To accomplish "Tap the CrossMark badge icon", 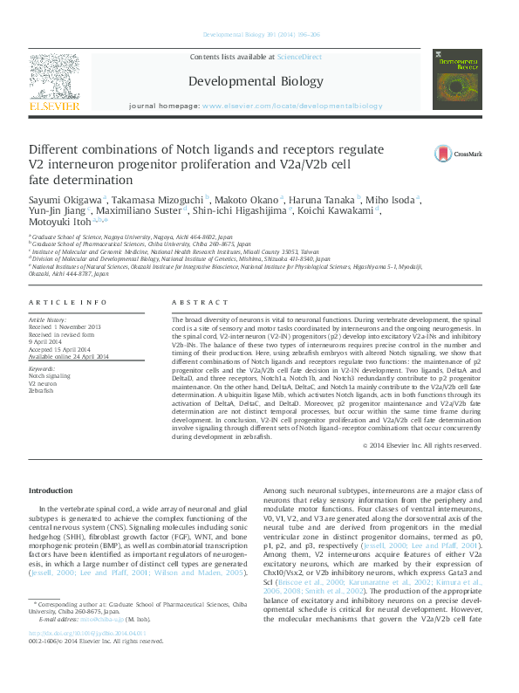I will pos(444,154).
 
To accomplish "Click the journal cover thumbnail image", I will pos(458,79).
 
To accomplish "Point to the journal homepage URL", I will pos(291,106).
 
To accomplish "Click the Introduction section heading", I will pos(51,491).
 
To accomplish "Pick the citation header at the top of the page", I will pos(259,35).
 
